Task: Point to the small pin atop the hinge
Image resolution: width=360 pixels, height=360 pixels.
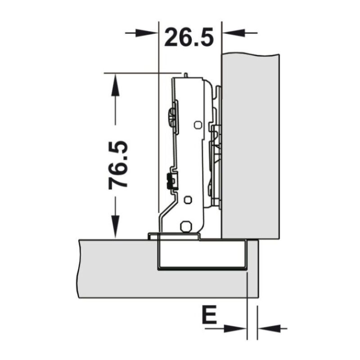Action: coord(185,73)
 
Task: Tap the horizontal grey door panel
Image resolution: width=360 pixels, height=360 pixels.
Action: coord(117,270)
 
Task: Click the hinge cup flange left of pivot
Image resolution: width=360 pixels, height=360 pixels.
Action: coord(153,234)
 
